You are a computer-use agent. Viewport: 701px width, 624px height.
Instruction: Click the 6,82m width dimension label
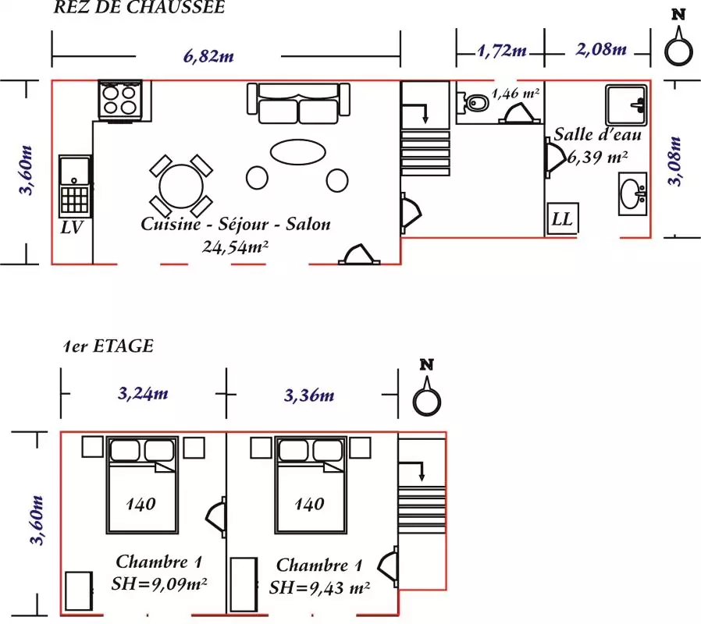pos(208,56)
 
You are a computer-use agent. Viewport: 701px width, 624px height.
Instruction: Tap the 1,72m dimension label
pos(502,51)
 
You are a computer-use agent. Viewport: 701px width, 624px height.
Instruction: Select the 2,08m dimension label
pos(601,48)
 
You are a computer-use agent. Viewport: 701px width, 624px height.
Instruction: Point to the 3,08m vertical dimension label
pos(674,161)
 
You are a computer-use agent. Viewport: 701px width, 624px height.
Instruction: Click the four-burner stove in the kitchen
pos(119,101)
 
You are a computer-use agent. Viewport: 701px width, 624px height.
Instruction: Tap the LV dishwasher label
pos(72,227)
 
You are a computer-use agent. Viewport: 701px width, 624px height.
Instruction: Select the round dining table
pos(181,186)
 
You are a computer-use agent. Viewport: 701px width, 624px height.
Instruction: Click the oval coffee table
pos(297,152)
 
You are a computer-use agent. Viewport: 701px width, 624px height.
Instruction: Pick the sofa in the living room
pos(298,103)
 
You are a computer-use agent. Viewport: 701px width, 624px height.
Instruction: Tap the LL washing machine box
pos(563,218)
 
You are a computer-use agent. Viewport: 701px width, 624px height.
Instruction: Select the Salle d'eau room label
pos(598,134)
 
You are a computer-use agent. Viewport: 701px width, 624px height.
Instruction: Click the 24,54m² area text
pos(235,246)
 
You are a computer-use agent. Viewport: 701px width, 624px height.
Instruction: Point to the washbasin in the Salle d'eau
pos(632,193)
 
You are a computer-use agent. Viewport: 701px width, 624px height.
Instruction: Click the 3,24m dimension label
pos(143,393)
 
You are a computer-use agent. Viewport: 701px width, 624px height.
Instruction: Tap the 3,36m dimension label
pos(309,395)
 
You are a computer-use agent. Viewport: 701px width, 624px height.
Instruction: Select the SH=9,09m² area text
pos(159,583)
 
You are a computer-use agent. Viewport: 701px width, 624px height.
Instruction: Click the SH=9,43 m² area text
pos(319,587)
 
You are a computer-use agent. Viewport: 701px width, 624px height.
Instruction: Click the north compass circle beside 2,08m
pos(678,51)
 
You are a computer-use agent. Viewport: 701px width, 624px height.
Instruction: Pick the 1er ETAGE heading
pos(109,346)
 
